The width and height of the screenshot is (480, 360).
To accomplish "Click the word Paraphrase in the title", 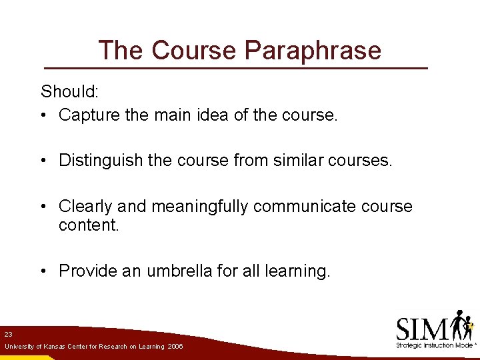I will (x=313, y=51).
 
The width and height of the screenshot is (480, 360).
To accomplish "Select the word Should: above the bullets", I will (x=69, y=91).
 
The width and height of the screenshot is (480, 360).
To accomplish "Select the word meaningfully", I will (x=201, y=207).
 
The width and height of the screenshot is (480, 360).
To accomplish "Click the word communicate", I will (x=305, y=206).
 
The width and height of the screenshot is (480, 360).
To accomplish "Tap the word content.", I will (x=89, y=225).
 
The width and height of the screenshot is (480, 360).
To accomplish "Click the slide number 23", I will (x=8, y=333).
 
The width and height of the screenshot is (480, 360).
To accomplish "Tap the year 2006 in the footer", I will (x=176, y=347).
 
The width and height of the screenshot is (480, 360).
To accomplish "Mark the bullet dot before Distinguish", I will (x=43, y=161).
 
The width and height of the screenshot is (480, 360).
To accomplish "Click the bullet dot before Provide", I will (x=43, y=271).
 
